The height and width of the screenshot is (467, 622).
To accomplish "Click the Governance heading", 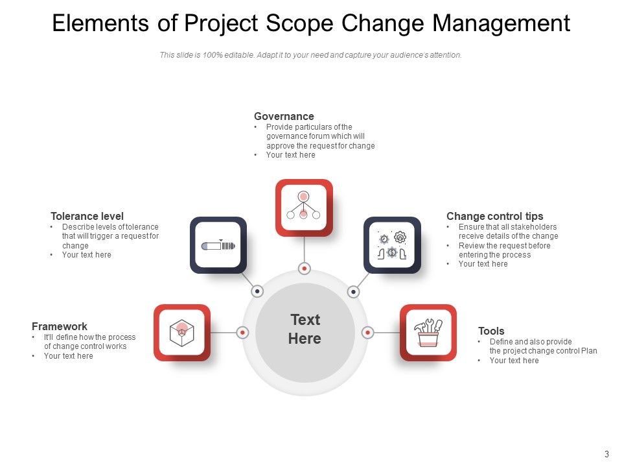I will (x=284, y=117).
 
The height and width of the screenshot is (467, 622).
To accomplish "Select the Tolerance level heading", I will (x=87, y=216).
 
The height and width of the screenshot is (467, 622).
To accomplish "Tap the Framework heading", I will (x=60, y=326).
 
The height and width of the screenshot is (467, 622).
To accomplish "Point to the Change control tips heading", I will (x=495, y=216).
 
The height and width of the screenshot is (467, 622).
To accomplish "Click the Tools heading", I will (x=491, y=331).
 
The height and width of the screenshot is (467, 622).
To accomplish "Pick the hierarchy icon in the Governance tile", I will (x=304, y=207).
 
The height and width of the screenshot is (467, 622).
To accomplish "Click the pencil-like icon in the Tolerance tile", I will (x=218, y=245).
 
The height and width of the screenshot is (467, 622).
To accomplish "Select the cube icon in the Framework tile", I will (x=182, y=333).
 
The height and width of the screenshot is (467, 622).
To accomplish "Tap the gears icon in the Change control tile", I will (x=392, y=245).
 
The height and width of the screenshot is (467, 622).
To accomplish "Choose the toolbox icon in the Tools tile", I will (x=428, y=333).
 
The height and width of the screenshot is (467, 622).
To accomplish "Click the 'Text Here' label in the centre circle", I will (x=305, y=329).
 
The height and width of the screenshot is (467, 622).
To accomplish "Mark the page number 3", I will (x=606, y=454).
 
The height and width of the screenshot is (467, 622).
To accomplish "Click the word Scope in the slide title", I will (x=299, y=24).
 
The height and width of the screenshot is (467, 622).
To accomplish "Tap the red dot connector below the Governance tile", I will (x=304, y=269).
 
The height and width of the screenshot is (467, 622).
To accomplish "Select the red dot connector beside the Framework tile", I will (x=243, y=333).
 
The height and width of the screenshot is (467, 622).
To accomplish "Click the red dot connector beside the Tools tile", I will (x=367, y=333).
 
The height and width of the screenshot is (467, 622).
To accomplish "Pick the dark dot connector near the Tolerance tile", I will (x=257, y=292).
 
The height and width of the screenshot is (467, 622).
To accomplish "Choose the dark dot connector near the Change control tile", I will (x=353, y=292).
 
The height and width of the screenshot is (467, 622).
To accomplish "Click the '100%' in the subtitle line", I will (x=211, y=55).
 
